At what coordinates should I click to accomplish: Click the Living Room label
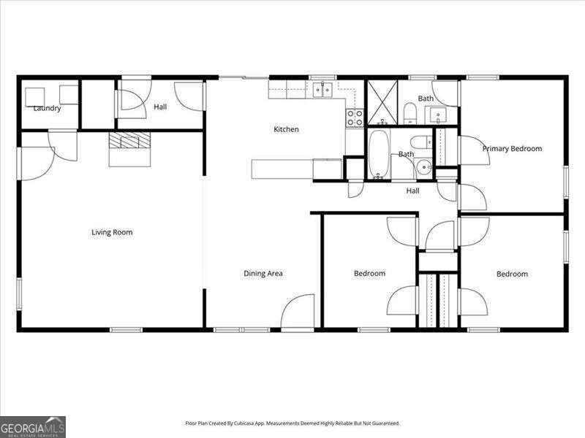coord(112,232)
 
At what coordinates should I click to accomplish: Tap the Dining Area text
coord(263,274)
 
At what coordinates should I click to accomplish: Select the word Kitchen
coord(286,129)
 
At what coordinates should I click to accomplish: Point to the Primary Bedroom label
coord(512,149)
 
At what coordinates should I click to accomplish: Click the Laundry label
coord(47,109)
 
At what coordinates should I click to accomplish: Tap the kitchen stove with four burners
coord(354,118)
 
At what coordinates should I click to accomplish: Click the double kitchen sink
coord(322,90)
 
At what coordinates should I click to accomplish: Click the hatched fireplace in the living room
coord(129,141)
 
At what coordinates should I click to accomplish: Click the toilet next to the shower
coord(410,113)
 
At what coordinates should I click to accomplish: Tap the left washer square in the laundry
coord(36,96)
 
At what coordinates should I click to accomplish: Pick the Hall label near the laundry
coord(160,107)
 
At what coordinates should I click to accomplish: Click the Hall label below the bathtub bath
coord(413,191)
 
